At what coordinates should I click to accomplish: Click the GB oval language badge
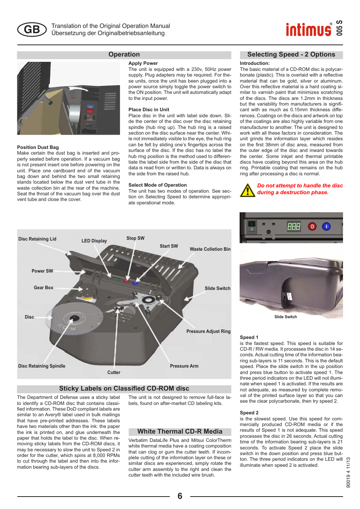[32, 29]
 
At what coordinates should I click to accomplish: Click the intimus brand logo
[309, 29]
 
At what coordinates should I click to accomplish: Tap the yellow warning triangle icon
[248, 190]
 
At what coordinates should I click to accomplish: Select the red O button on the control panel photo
[312, 226]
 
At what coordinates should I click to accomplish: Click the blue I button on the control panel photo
[326, 226]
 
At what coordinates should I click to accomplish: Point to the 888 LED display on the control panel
[294, 226]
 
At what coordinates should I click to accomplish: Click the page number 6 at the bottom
[180, 496]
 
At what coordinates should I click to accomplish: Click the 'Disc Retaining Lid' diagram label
[37, 239]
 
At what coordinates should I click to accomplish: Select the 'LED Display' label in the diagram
[94, 241]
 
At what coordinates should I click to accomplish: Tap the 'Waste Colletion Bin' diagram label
[210, 249]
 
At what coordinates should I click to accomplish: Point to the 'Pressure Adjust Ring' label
[208, 331]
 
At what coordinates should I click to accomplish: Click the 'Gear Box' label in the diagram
[43, 288]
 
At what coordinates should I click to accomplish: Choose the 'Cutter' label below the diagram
[114, 373]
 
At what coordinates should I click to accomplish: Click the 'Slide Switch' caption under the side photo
[286, 317]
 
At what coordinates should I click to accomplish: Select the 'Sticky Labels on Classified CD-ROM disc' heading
[124, 389]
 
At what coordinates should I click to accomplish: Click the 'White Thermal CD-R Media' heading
[180, 432]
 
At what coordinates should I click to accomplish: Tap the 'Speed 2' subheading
[249, 413]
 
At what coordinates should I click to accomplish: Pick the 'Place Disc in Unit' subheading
[149, 110]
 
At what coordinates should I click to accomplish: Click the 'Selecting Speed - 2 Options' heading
[291, 55]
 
